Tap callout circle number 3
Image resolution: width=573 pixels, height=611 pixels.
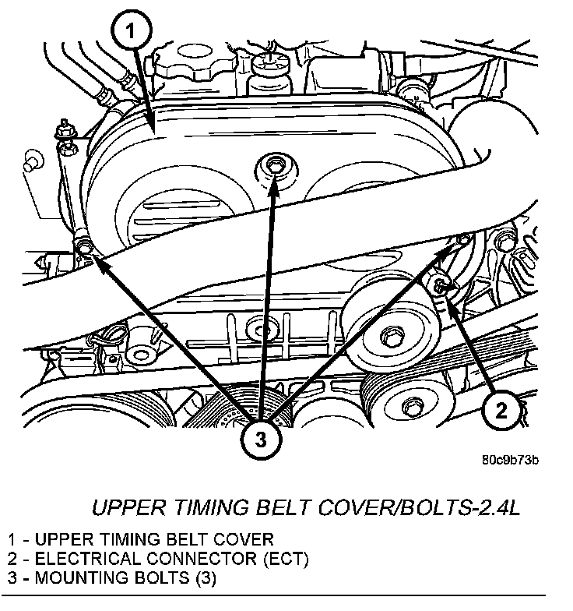point(261,438)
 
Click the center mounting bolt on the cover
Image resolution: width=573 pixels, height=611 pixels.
point(273,164)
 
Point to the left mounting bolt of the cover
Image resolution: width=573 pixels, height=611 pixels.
point(84,248)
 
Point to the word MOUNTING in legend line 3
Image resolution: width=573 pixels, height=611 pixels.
point(83,578)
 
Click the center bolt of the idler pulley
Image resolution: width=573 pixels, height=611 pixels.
point(388,335)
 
